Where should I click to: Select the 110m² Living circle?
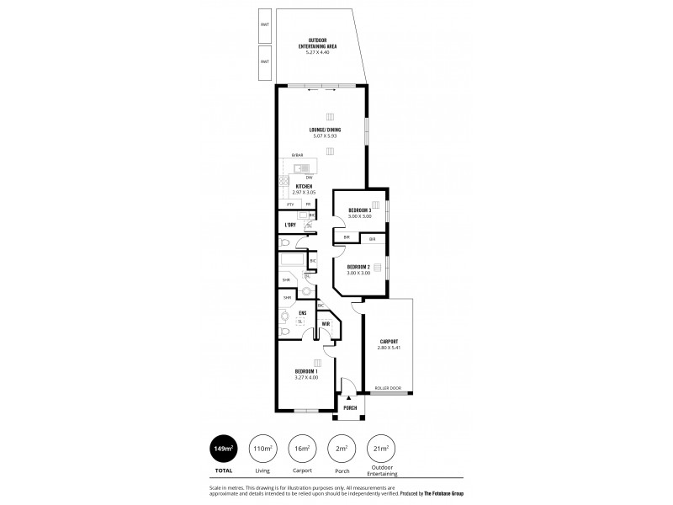[x=262, y=448]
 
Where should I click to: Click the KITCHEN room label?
[x=304, y=186]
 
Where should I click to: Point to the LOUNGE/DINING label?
[x=326, y=130]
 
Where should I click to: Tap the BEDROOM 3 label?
[x=359, y=210]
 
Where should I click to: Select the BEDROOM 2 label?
[x=359, y=267]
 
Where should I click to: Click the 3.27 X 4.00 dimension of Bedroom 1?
[x=306, y=377]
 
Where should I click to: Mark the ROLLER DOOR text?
[x=389, y=388]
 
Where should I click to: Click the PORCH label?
[x=349, y=407]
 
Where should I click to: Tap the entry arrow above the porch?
[x=348, y=397]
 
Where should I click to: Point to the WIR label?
[x=324, y=322]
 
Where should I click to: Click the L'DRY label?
[x=290, y=225]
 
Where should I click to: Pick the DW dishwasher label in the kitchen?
[x=310, y=178]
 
